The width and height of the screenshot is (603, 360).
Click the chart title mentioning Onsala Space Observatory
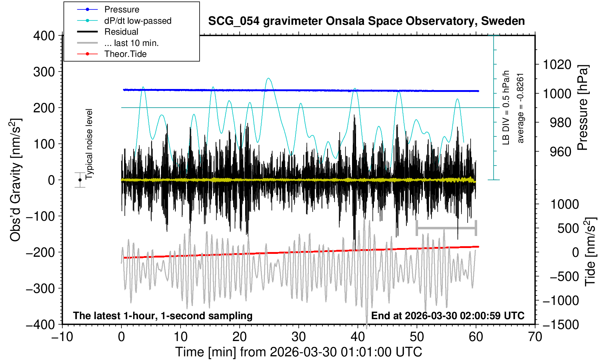click(x=366, y=21)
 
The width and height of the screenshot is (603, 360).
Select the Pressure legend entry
click(x=121, y=9)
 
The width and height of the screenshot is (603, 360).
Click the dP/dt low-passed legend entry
click(x=138, y=21)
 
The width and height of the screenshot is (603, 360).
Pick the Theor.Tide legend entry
click(x=125, y=54)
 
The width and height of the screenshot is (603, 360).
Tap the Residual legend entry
click(x=121, y=32)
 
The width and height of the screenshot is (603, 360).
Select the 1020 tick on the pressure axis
click(x=557, y=65)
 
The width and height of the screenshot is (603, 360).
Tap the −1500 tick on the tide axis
click(x=560, y=324)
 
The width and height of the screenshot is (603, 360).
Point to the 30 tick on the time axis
click(x=299, y=336)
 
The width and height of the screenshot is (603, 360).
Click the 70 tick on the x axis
click(x=535, y=336)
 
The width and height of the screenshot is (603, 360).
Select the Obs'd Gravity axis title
click(x=16, y=180)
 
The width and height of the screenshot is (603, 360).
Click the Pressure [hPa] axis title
click(x=583, y=108)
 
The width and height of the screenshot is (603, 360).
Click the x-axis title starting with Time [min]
click(x=298, y=352)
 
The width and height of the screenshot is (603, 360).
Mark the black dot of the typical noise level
click(x=80, y=180)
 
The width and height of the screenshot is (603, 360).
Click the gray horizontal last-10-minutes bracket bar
click(x=446, y=228)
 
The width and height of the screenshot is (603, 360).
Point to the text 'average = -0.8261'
click(x=521, y=108)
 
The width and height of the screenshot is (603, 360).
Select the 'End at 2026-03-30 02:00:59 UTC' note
click(x=448, y=316)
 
